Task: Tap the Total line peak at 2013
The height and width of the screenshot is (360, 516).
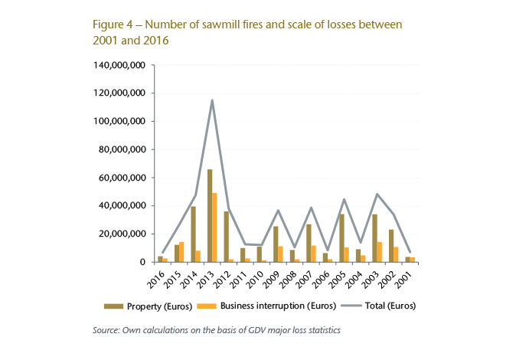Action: [x=212, y=100]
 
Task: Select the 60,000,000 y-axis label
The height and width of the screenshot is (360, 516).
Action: [x=120, y=178]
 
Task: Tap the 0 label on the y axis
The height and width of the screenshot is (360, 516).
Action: [x=142, y=262]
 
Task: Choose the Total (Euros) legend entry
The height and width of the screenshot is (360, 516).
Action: [x=378, y=306]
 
